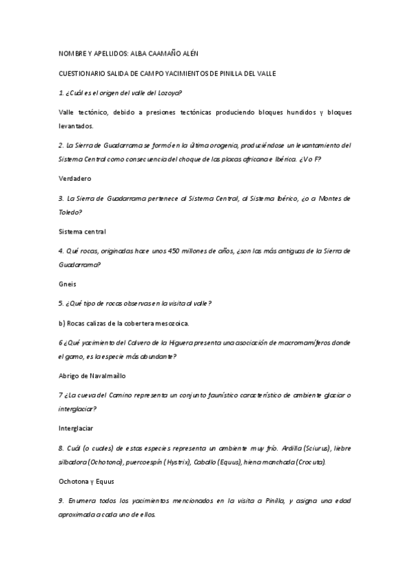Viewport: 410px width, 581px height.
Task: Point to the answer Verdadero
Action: click(75, 178)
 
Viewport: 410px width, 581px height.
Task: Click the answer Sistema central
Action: click(82, 231)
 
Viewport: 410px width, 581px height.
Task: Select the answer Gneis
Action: click(67, 284)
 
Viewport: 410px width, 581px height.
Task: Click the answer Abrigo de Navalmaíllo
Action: click(92, 375)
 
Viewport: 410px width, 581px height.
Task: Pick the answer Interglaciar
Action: click(76, 428)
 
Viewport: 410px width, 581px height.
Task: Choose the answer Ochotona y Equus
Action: click(86, 481)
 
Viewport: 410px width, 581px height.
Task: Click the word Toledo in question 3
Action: click(69, 212)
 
